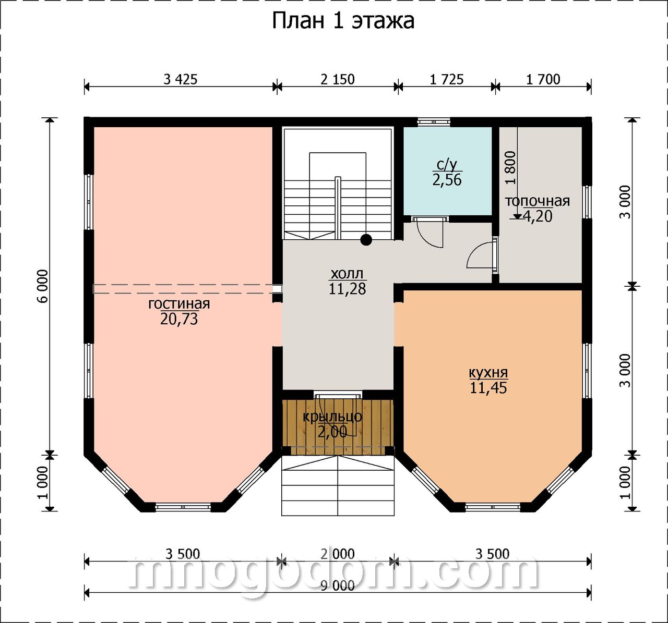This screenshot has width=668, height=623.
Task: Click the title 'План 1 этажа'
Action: [343, 21]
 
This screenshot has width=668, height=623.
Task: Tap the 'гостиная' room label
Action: [179, 304]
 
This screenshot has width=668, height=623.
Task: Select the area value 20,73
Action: [179, 319]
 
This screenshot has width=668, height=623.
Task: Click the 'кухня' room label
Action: [488, 372]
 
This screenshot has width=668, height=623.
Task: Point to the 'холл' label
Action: [347, 274]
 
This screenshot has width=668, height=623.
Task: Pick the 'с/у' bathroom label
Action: [447, 165]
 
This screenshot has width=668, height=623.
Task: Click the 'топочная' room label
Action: [538, 201]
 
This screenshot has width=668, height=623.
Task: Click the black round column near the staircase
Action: [366, 240]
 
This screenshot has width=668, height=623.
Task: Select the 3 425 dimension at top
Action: [180, 80]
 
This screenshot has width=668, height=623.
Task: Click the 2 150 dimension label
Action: [337, 80]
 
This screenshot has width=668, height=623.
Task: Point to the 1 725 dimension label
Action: [447, 80]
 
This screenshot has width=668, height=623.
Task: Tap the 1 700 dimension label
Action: [543, 80]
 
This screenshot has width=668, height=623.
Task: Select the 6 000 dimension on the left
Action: [43, 286]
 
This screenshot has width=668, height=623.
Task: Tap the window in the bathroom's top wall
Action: [434, 121]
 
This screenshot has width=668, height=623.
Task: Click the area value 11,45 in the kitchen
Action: [488, 388]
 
